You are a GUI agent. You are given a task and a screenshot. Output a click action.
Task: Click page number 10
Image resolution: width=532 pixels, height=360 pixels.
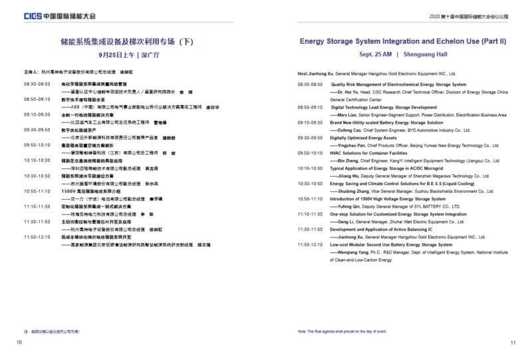(19, 343)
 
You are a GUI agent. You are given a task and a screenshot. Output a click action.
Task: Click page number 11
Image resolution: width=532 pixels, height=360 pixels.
(513, 343)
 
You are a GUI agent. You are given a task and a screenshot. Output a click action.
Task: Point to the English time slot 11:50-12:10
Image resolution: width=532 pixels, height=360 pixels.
(310, 245)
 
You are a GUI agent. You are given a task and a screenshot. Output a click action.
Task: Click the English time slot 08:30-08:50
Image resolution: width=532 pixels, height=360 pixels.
(310, 85)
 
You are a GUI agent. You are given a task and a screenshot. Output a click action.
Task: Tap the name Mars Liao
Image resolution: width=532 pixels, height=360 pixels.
(348, 115)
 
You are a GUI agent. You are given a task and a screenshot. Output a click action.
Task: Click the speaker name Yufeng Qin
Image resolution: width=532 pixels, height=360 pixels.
(349, 206)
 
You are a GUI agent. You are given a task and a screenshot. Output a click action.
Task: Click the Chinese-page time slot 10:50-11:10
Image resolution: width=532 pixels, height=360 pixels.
(37, 191)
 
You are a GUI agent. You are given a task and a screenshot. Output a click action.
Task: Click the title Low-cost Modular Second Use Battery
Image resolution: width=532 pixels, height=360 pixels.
(392, 245)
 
